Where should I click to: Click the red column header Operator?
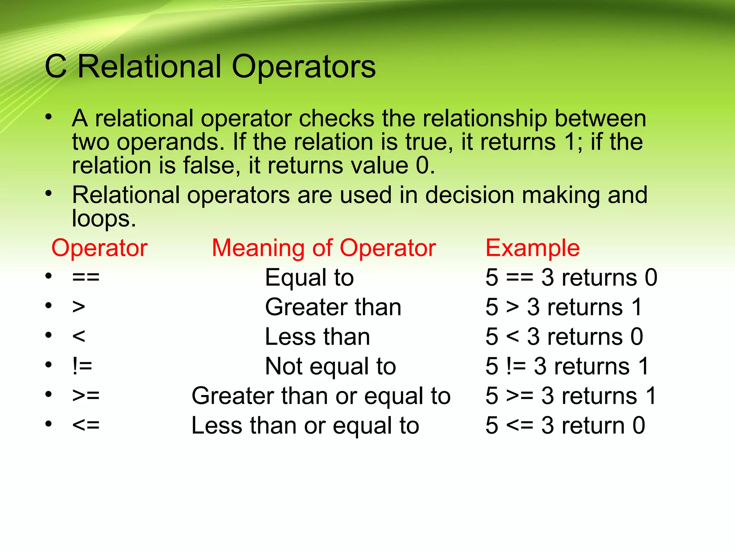(x=99, y=248)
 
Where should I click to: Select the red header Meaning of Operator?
(x=324, y=248)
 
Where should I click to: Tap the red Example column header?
(x=532, y=248)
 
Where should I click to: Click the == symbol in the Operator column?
(x=86, y=278)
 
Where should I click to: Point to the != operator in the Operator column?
(x=82, y=366)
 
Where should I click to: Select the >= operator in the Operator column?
(x=86, y=396)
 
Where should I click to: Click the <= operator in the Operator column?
(x=86, y=425)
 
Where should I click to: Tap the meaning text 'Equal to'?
(x=309, y=278)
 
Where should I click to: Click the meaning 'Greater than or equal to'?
(x=321, y=396)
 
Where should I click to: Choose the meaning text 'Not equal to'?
(x=330, y=366)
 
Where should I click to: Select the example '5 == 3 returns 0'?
(x=571, y=278)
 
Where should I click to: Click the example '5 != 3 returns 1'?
(x=567, y=366)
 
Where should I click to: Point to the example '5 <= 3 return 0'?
(x=565, y=425)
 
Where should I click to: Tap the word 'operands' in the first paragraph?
(x=170, y=142)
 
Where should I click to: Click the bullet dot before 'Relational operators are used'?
(x=49, y=194)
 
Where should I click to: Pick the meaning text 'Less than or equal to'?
(x=305, y=425)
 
